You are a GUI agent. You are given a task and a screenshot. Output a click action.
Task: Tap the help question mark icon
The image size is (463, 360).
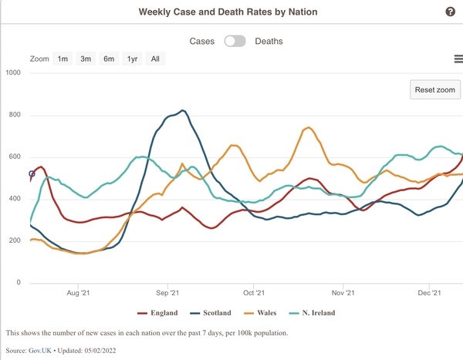(x=451, y=12)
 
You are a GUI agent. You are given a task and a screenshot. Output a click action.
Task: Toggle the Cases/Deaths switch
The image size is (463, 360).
(x=235, y=41)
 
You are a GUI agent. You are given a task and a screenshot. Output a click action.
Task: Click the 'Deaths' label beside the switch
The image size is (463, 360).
(x=269, y=41)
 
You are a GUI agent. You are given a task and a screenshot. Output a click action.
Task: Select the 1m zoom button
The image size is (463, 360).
(x=63, y=59)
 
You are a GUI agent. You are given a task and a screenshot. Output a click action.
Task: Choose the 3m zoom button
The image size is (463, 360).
(x=86, y=59)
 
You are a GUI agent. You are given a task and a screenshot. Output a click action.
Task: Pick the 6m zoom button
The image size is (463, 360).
(x=109, y=59)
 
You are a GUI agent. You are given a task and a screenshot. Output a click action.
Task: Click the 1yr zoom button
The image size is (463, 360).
(x=133, y=59)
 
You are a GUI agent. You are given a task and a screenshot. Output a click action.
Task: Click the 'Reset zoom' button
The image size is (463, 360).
(x=435, y=89)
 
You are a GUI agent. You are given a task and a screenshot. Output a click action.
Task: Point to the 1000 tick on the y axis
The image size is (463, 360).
(x=12, y=73)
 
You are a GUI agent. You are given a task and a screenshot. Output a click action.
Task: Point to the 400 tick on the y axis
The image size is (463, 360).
(x=15, y=199)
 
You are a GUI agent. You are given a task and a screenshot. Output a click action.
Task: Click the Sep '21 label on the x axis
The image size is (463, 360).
(x=167, y=293)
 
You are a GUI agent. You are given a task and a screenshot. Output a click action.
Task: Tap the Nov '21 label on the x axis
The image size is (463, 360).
(x=343, y=293)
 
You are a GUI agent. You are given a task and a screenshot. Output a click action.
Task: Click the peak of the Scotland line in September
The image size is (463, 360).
(x=182, y=110)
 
